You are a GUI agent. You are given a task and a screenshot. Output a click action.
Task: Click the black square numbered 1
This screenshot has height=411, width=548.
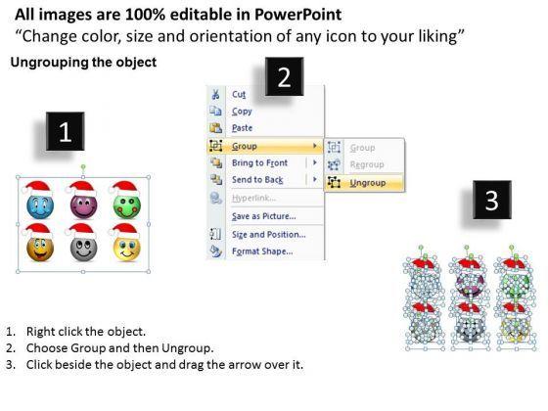click(66, 131)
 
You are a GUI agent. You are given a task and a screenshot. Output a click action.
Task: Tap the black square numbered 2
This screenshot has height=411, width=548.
click(284, 76)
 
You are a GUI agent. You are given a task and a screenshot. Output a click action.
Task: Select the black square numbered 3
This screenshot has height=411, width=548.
click(492, 200)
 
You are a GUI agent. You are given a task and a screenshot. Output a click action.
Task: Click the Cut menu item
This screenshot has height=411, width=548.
click(239, 94)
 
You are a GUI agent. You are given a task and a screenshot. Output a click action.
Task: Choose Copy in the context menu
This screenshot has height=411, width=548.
click(242, 112)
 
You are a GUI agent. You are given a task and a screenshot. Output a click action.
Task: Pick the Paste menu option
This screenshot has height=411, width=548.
click(243, 128)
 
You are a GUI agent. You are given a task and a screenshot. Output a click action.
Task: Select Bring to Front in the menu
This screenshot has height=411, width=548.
click(259, 162)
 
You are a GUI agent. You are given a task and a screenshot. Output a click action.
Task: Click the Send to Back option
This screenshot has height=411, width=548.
click(257, 180)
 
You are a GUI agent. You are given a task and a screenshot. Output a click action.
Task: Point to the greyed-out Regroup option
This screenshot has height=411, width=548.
click(367, 164)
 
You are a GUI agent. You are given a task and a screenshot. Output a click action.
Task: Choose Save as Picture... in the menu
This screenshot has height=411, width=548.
click(264, 216)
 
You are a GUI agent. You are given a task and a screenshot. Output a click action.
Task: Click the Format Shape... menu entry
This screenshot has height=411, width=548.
click(262, 251)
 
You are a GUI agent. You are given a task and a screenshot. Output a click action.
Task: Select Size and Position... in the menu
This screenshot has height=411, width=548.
click(269, 235)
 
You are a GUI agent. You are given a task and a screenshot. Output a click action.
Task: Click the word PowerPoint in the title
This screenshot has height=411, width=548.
click(297, 15)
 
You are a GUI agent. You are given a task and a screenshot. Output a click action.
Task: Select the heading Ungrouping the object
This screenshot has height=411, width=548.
click(83, 63)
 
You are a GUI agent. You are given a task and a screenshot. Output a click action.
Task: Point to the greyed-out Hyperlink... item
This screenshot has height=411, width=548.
click(254, 198)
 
